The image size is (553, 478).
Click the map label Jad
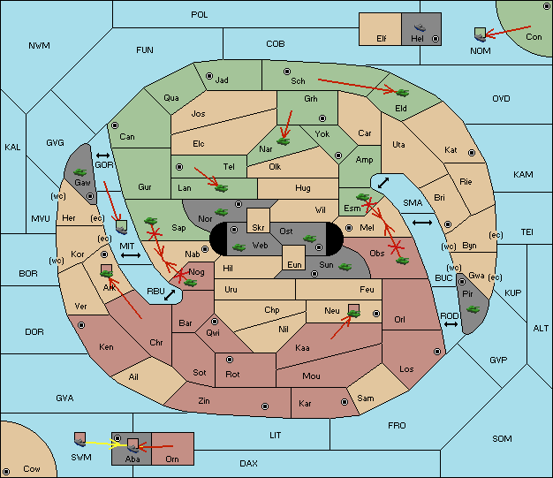coord(222,80)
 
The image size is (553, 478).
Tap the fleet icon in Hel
coord(420,27)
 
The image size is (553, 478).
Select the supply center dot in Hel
coord(436,39)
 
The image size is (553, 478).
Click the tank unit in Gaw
coord(80,172)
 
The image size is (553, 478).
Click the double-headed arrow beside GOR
coord(102,156)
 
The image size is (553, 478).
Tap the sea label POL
coord(200,15)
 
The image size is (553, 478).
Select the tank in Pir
coord(473,309)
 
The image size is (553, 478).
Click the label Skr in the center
coord(258,228)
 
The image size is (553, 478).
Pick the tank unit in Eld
coord(402,93)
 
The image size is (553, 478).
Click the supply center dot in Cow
coord(6,472)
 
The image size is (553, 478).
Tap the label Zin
coord(204,401)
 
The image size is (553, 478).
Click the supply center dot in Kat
coord(472,153)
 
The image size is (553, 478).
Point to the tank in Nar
coord(283,141)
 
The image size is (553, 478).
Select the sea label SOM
coord(502,439)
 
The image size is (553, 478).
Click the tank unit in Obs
coord(402,261)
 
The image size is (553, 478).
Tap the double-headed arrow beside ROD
coord(451,324)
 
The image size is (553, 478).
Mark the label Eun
coord(294,265)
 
